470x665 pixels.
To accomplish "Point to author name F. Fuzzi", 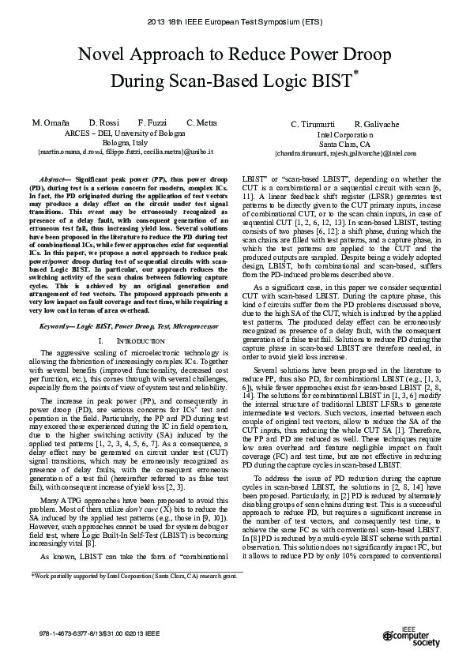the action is [x=152, y=124].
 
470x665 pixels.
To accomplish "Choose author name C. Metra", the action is [x=201, y=124].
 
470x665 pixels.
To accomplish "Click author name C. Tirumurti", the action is [x=313, y=125].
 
